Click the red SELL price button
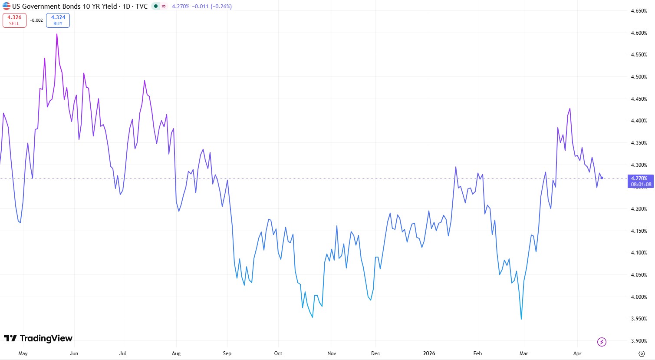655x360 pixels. (x=14, y=20)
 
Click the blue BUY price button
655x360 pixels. (x=58, y=20)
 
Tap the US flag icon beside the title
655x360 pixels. (x=6, y=6)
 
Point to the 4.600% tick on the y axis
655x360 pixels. (x=639, y=33)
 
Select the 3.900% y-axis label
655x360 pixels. (x=639, y=341)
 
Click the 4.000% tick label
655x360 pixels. (x=639, y=297)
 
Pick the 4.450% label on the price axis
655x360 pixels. (x=639, y=99)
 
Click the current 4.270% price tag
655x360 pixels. (x=640, y=181)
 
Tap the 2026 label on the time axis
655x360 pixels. (x=429, y=353)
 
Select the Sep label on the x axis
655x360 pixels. (x=227, y=353)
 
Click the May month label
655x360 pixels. (x=23, y=353)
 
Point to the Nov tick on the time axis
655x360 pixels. (x=332, y=353)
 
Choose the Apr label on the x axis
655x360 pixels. (x=577, y=353)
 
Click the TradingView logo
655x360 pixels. (x=38, y=338)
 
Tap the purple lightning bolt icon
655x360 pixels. (x=602, y=342)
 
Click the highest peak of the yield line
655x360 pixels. (x=57, y=34)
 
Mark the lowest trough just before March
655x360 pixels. (x=521, y=319)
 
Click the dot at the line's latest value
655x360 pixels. (x=602, y=178)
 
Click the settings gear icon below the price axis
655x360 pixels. (x=642, y=353)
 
